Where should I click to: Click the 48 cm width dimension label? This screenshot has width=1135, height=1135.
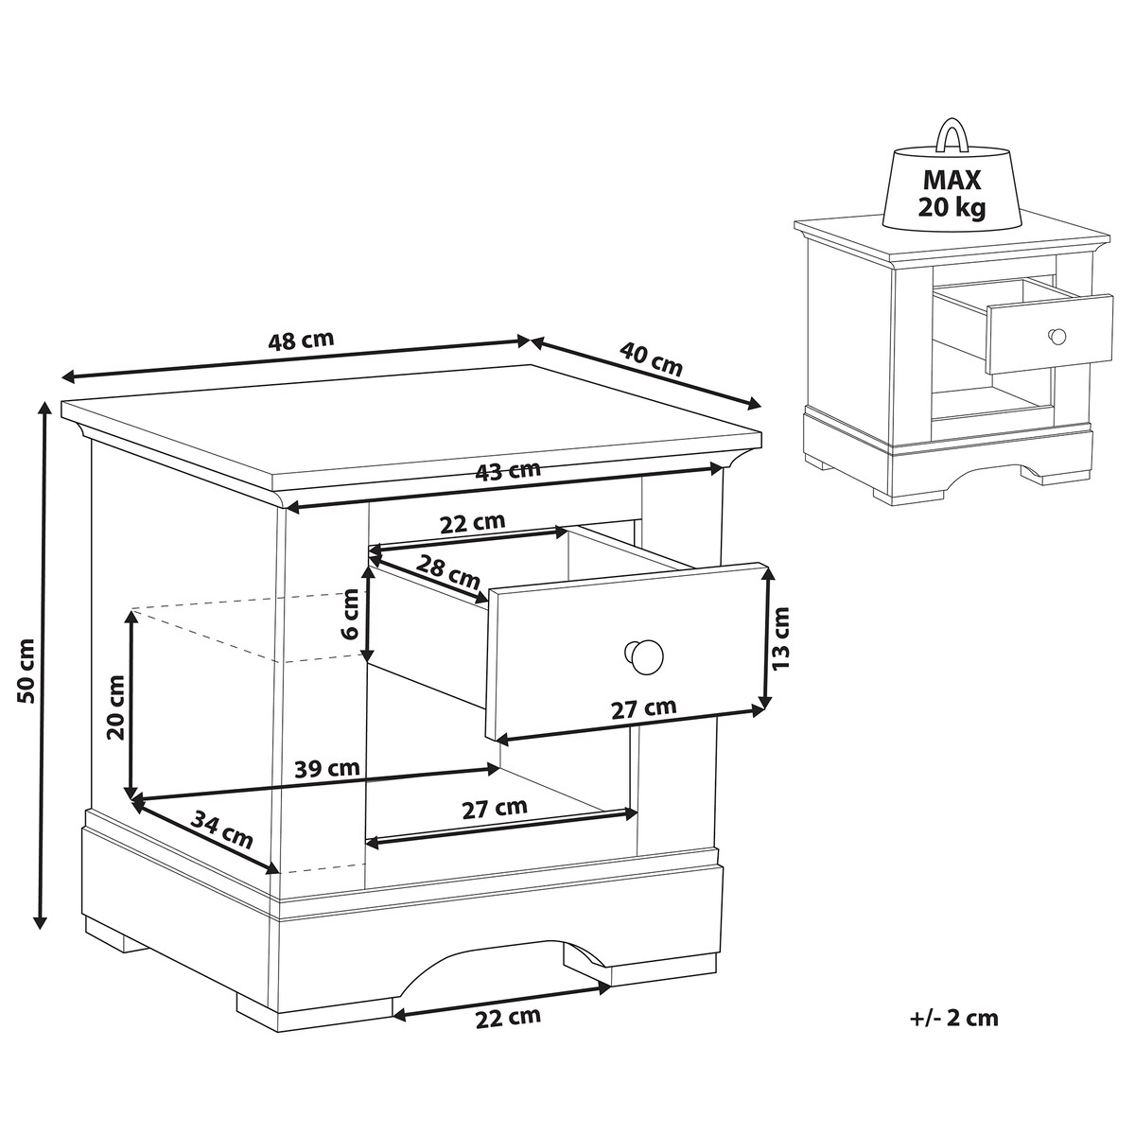pyautogui.click(x=301, y=340)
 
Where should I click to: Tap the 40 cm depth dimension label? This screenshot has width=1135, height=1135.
pyautogui.click(x=651, y=359)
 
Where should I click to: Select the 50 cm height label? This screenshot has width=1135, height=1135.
pyautogui.click(x=27, y=669)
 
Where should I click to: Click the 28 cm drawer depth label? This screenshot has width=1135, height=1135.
pyautogui.click(x=448, y=571)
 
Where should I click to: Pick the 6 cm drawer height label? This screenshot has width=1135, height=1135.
pyautogui.click(x=350, y=614)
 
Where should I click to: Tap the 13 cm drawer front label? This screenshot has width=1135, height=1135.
pyautogui.click(x=781, y=637)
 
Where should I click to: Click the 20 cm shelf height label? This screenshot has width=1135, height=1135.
pyautogui.click(x=115, y=707)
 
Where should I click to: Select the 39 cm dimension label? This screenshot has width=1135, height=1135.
pyautogui.click(x=327, y=768)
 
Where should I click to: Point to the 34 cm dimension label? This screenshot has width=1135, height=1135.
pyautogui.click(x=222, y=829)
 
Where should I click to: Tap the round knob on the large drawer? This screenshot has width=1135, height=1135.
pyautogui.click(x=643, y=655)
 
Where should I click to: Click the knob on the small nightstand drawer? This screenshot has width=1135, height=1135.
pyautogui.click(x=1057, y=337)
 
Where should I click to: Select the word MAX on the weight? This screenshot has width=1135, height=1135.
pyautogui.click(x=952, y=181)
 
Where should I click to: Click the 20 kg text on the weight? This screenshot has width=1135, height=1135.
pyautogui.click(x=952, y=207)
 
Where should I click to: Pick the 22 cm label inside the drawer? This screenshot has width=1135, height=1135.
pyautogui.click(x=472, y=522)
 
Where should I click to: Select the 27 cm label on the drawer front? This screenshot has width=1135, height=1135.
pyautogui.click(x=643, y=708)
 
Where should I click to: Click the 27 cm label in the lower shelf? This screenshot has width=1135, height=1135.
pyautogui.click(x=494, y=809)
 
